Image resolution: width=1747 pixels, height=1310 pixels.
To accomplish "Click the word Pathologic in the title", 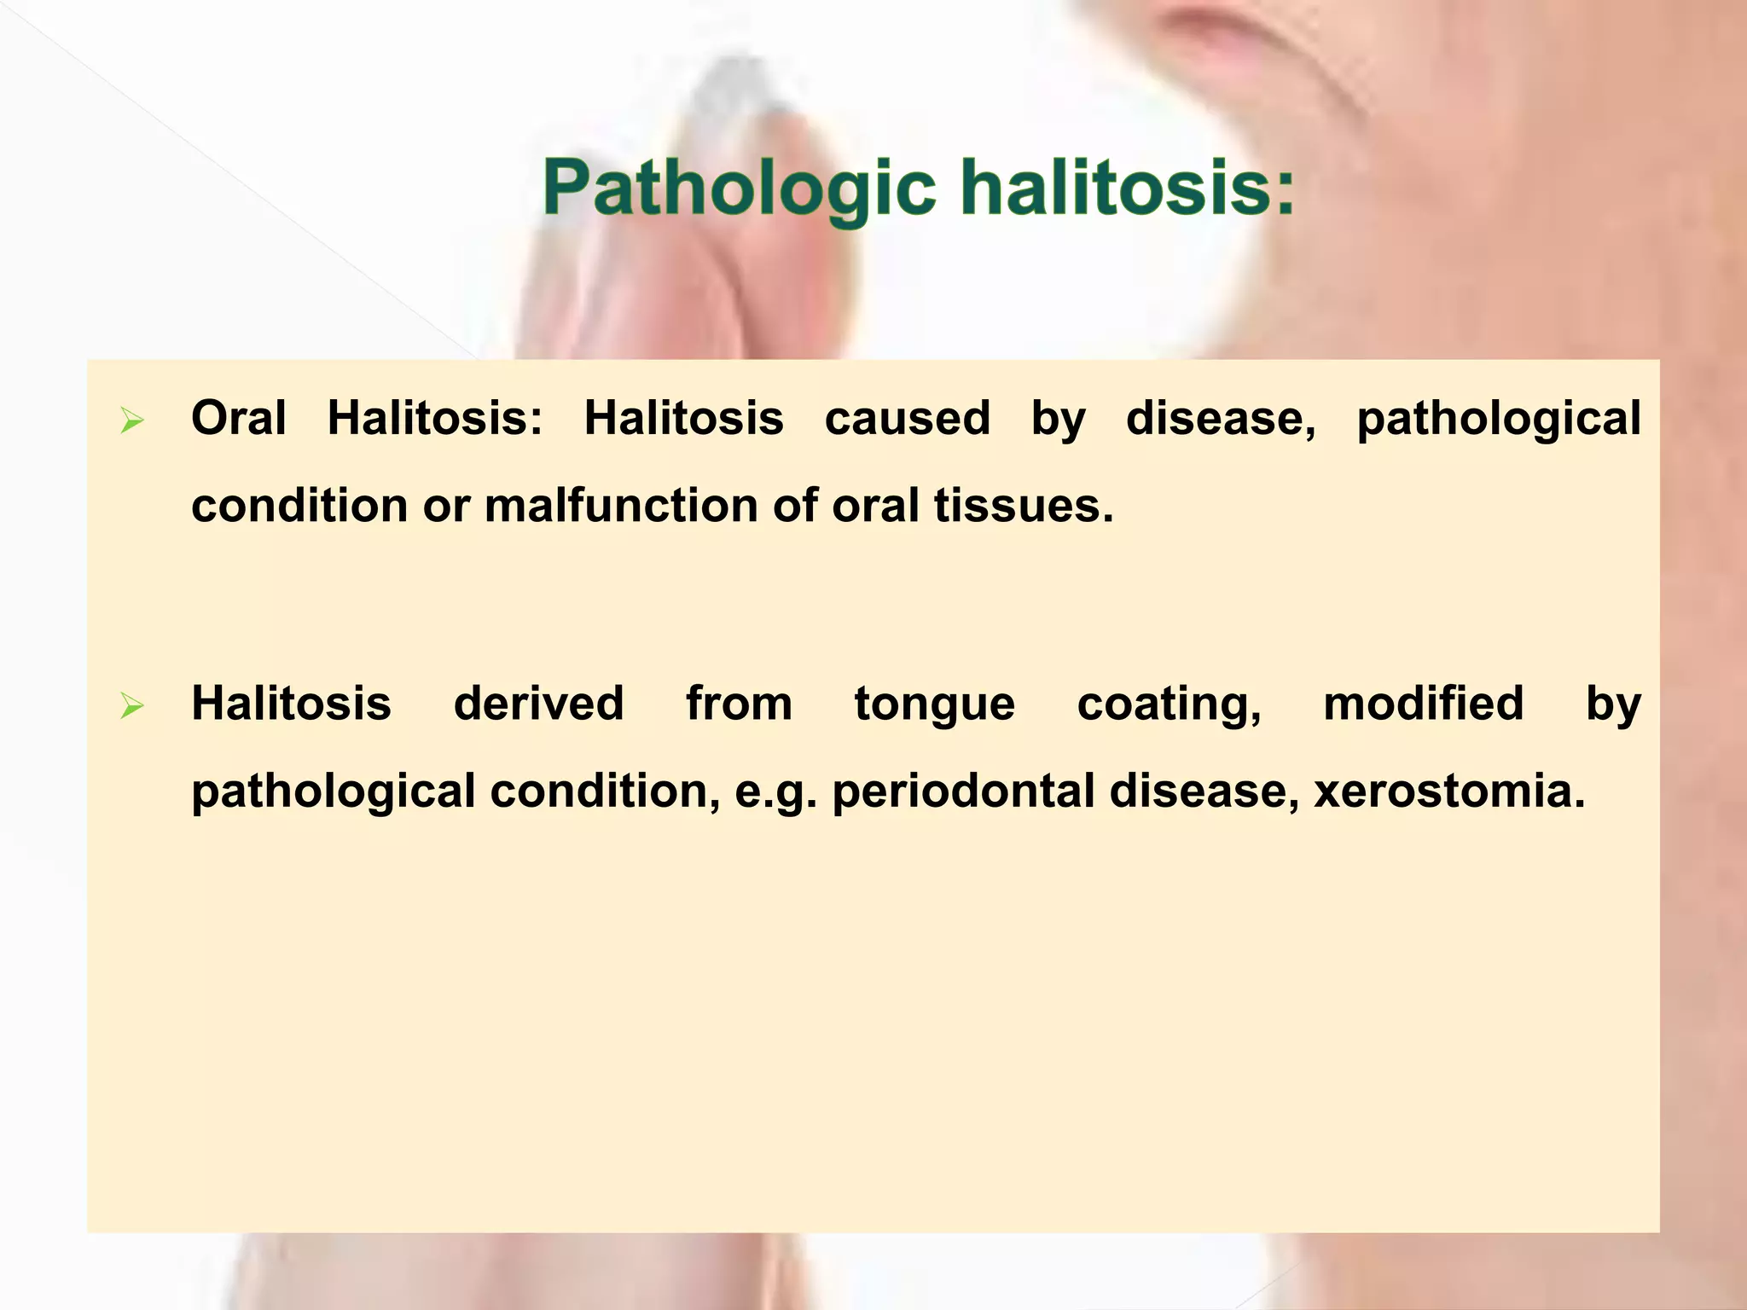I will pos(739,188).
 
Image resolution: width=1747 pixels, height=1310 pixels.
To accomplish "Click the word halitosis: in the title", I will pos(1127,187).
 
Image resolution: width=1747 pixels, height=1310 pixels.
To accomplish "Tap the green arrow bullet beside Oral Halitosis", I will pos(132,420).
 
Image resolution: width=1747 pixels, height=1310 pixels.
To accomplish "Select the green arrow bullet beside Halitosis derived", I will pos(132,705).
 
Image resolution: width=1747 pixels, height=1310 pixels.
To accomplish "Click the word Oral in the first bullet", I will pos(239,418).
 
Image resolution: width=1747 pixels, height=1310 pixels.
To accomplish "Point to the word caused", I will pos(907,418).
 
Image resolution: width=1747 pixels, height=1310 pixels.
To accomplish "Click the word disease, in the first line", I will pos(1221,418).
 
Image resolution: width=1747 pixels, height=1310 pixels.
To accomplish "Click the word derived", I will pos(538,704).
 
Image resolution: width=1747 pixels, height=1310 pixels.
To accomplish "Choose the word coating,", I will pos(1169,705).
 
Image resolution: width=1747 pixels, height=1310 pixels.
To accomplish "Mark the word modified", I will pos(1423,704).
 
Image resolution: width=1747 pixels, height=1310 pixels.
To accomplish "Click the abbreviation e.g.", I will pos(775,792).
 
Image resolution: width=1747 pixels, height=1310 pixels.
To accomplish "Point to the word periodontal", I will pos(963,791).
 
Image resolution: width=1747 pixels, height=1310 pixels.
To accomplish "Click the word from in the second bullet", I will pos(739,704).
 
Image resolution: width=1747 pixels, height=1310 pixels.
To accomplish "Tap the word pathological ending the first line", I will pos(1498,420).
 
